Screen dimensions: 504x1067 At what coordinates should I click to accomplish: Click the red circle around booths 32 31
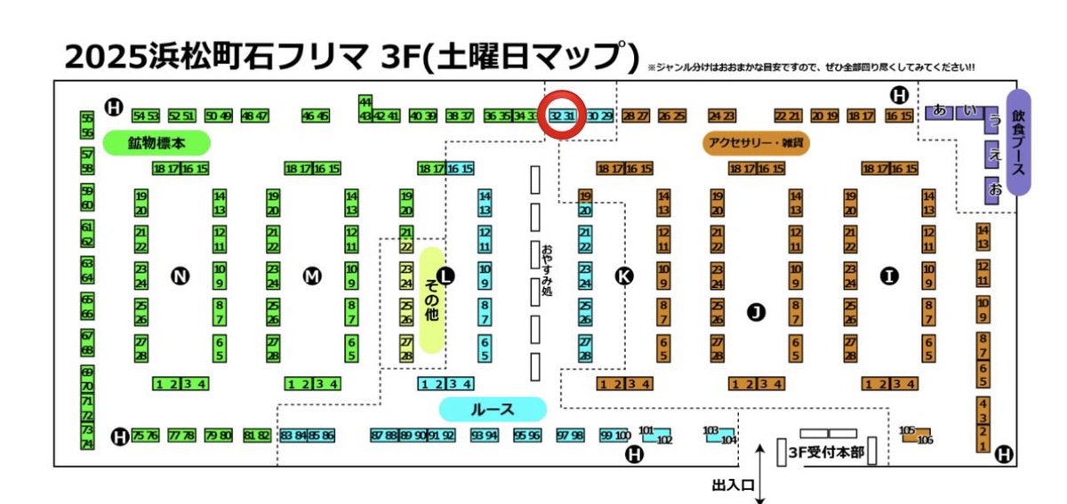tap(563, 116)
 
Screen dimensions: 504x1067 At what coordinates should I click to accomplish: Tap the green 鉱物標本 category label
tap(156, 142)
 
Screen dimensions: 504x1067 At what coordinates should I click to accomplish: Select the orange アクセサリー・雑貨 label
tap(757, 142)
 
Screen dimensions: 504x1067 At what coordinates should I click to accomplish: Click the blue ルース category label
tap(493, 409)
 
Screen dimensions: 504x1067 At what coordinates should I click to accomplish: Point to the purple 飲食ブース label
tap(1018, 142)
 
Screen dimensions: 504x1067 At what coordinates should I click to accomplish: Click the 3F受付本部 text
tap(827, 452)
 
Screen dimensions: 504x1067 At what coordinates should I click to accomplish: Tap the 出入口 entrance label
tap(734, 485)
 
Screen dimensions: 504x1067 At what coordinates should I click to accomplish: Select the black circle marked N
tap(181, 276)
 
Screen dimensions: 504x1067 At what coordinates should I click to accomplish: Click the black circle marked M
tap(312, 276)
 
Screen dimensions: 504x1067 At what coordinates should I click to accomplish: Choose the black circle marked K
tap(624, 276)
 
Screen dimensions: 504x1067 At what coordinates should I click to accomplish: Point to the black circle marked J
tap(756, 311)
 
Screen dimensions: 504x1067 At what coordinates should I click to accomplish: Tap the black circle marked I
tap(888, 276)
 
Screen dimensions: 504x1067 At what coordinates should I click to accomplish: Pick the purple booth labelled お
tap(996, 189)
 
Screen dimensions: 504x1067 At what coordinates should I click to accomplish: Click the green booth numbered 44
tap(365, 102)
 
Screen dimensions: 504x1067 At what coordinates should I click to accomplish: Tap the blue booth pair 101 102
tap(656, 435)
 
